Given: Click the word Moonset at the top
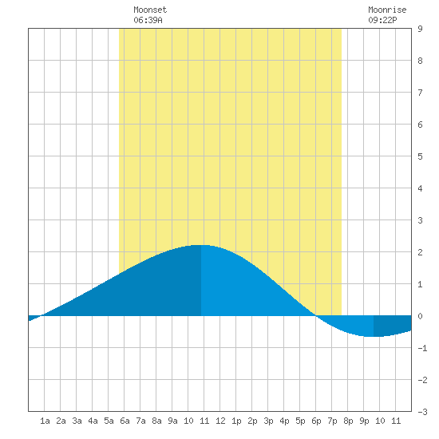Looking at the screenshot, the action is coord(150,10).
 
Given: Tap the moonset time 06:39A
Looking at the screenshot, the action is coord(148,20).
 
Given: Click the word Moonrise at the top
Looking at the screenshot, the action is coord(387,10).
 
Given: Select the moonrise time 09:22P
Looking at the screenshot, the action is coord(382,20).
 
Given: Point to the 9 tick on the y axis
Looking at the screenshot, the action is coord(420,29).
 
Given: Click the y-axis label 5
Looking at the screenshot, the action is coord(420,156).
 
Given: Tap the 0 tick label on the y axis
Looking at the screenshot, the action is coord(420,316).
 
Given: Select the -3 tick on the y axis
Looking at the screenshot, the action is coord(422,412).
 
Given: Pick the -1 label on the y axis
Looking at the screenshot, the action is coord(422,348).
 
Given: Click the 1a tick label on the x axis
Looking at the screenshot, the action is coord(45,421).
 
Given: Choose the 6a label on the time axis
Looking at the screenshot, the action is coord(125,421).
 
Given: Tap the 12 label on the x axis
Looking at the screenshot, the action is coord(220,421).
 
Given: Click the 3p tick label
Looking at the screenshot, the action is coord(268,421).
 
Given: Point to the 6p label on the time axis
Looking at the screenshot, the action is coord(316,421).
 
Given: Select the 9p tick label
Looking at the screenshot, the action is coord(364,421).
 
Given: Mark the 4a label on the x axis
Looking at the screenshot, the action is coord(93,421).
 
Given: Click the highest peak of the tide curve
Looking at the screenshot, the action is coord(201,245).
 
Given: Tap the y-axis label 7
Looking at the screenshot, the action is coord(420,93).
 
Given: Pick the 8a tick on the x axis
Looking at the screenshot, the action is coord(156,421).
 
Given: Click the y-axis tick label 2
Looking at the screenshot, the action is coord(420,252).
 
